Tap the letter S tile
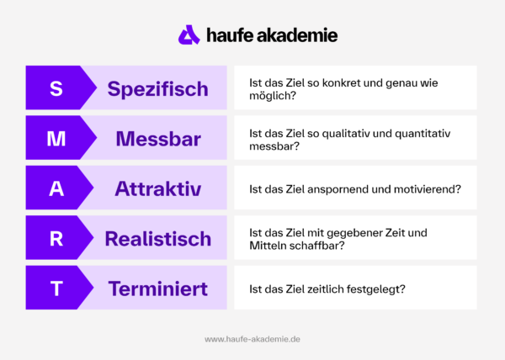click(56, 88)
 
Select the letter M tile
click(56, 139)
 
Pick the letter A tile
click(56, 188)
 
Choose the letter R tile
click(56, 239)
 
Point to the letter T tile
click(56, 289)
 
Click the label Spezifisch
click(157, 88)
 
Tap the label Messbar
click(158, 139)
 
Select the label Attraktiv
click(158, 188)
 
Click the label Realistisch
click(158, 239)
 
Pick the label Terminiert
click(158, 289)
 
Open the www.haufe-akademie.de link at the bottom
click(252, 339)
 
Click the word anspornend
click(343, 189)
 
